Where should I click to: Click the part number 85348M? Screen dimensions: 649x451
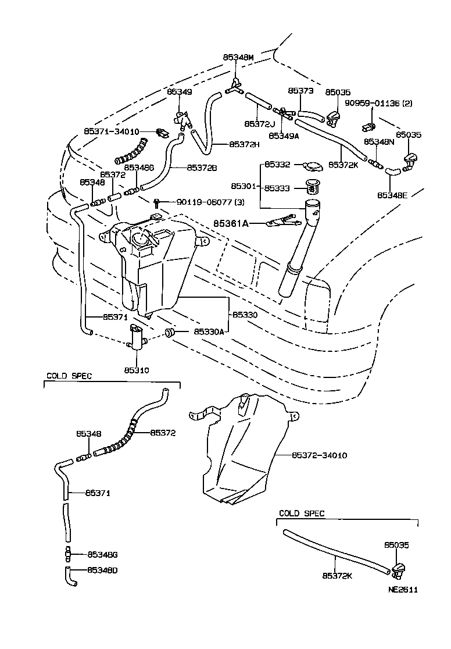click(x=238, y=58)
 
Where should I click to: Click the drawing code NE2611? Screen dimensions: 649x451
click(x=403, y=589)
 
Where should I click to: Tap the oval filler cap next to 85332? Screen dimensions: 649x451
click(x=313, y=167)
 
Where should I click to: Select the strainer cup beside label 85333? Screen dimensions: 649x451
click(x=314, y=187)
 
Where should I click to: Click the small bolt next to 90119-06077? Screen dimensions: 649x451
click(x=156, y=203)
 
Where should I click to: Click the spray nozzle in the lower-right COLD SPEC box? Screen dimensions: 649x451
click(x=398, y=570)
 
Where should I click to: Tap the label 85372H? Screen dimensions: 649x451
click(x=244, y=144)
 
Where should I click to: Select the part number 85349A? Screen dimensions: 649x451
click(x=283, y=135)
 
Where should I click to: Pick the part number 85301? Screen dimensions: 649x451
click(x=243, y=186)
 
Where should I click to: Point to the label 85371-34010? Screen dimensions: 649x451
click(x=111, y=131)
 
